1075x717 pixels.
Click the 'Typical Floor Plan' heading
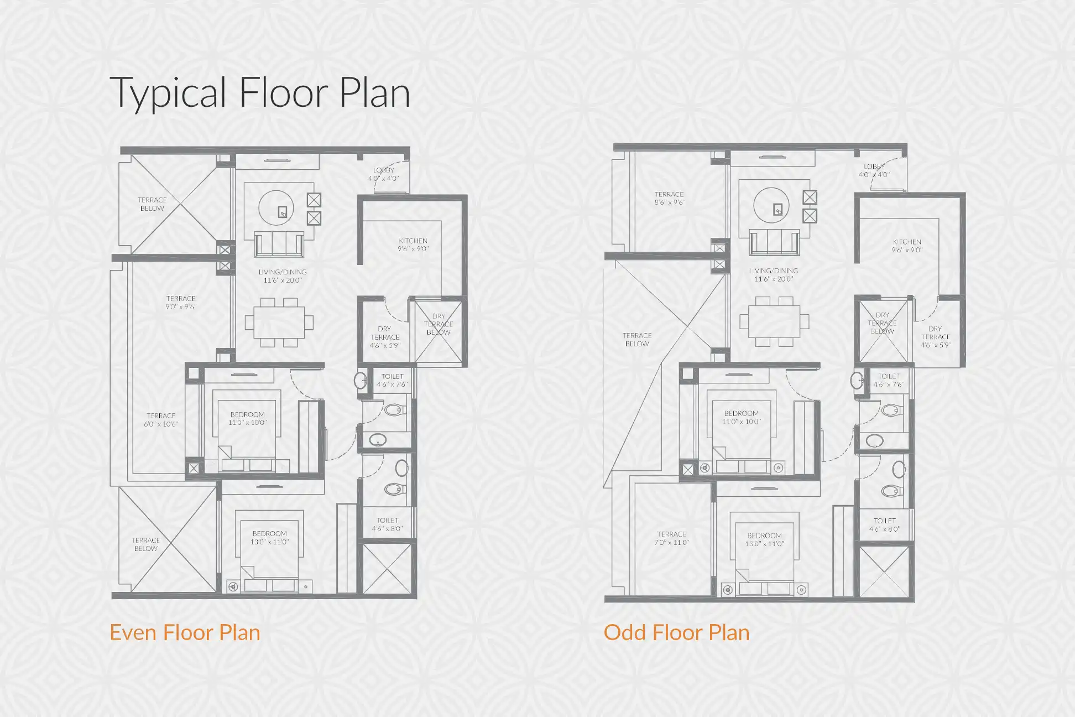260,92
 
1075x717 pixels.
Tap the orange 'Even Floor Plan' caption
185,632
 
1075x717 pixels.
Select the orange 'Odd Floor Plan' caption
676,632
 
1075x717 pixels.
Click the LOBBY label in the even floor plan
383,174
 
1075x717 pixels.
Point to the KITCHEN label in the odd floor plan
907,246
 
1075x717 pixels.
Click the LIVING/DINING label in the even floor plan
282,276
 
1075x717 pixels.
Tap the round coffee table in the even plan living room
276,208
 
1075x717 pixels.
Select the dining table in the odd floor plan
774,321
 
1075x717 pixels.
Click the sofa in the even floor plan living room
279,244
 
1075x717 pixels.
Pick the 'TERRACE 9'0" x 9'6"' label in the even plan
181,303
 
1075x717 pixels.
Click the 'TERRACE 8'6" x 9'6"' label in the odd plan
669,198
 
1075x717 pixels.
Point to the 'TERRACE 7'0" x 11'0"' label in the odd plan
671,538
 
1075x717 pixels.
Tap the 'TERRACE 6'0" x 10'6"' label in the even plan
161,420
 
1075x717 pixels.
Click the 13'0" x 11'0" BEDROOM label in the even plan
269,538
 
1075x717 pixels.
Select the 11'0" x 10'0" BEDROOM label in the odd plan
741,417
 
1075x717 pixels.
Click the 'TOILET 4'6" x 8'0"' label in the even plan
387,524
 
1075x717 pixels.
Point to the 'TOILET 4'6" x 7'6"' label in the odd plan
888,380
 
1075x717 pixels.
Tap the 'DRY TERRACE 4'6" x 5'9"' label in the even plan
385,337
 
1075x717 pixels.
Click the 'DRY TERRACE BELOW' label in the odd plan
882,323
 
